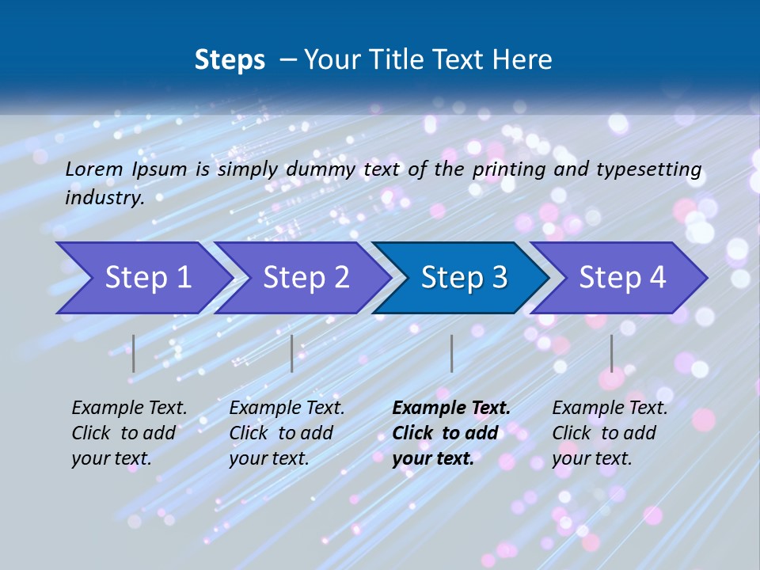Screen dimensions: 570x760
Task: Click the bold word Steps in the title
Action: tap(230, 60)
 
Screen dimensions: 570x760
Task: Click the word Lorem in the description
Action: tap(93, 169)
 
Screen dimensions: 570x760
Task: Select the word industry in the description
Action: tap(104, 197)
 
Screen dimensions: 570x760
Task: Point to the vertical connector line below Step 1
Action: tap(134, 353)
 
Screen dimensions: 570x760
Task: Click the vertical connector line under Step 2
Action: tap(292, 353)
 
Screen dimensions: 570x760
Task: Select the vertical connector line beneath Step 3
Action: tap(451, 353)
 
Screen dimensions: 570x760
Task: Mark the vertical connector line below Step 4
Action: tap(611, 353)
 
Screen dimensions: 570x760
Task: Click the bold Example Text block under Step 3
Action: tap(450, 433)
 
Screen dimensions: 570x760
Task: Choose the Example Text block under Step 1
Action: tap(129, 433)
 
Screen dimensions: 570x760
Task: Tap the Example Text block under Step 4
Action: tap(609, 433)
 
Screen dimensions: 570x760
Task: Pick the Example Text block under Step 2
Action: tap(287, 433)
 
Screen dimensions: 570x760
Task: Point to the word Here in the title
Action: tap(524, 60)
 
